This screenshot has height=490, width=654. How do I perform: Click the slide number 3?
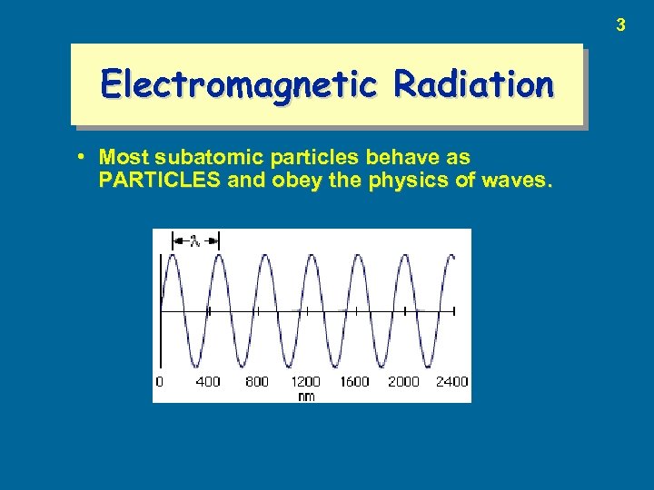(x=620, y=25)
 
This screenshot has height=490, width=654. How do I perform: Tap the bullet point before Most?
(x=82, y=157)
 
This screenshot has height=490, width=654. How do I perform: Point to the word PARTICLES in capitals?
(x=160, y=179)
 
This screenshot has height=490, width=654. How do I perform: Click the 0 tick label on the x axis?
(x=160, y=382)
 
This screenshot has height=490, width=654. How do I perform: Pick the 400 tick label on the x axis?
(x=208, y=382)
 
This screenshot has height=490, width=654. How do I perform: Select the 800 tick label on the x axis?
(x=257, y=382)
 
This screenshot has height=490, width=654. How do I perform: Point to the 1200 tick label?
(x=305, y=382)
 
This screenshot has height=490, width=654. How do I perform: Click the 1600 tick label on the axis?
(x=354, y=382)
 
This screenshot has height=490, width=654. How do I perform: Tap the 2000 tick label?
(x=403, y=382)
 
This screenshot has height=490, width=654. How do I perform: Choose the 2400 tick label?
(x=451, y=382)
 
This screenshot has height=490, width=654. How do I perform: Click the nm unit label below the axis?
(x=306, y=396)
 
